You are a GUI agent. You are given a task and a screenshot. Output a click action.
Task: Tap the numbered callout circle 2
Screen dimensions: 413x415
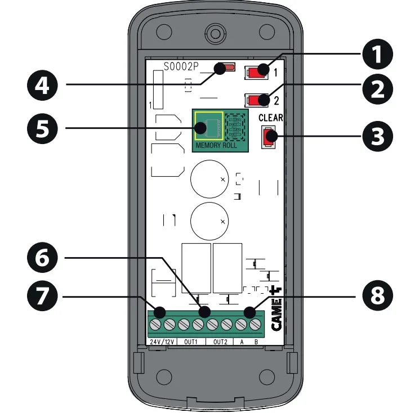[376, 91]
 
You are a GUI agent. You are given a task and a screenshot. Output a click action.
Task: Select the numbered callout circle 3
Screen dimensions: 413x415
[376, 136]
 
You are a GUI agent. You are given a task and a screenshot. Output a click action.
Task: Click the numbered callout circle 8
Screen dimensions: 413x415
[376, 297]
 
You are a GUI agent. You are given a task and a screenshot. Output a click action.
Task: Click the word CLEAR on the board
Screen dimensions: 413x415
[270, 119]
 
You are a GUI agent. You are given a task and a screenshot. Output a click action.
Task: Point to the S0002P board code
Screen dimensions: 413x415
[181, 66]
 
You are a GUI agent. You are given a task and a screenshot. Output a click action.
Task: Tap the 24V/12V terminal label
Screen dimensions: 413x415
[162, 342]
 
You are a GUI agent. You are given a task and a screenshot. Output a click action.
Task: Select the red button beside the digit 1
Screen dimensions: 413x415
[257, 72]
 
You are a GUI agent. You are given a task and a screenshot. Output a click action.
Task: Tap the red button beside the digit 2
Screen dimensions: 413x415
[257, 101]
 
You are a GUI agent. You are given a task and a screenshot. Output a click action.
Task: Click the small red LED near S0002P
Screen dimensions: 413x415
[228, 69]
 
